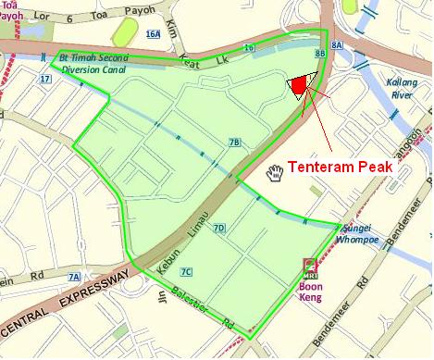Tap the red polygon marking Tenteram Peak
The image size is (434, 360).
298,86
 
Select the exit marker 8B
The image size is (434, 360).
320,55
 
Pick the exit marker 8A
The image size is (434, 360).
337,43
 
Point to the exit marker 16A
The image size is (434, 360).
153,34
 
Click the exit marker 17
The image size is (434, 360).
44,79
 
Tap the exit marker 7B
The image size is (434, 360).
234,143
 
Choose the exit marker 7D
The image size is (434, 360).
219,228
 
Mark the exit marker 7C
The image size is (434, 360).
186,271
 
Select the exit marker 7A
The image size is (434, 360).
74,277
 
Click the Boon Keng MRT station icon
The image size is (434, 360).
310,267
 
